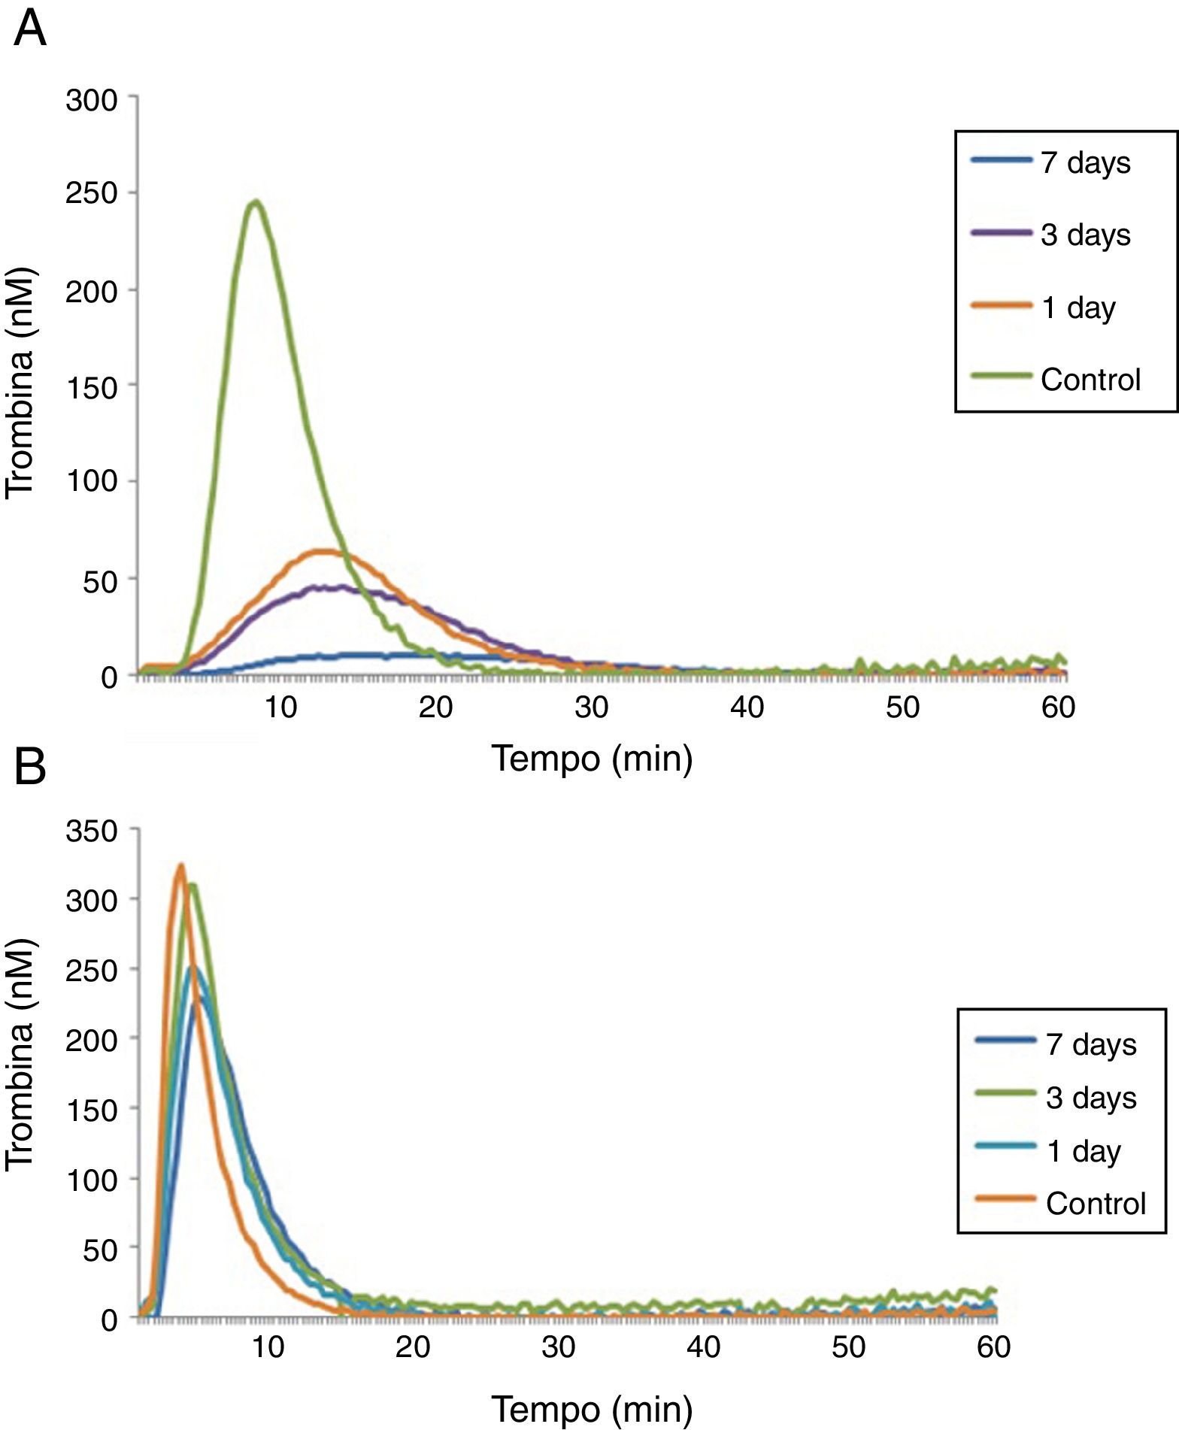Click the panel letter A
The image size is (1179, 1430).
(x=30, y=30)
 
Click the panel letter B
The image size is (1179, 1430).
(x=30, y=767)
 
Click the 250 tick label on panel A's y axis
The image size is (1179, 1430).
(x=92, y=194)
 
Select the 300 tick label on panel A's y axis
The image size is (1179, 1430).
(x=92, y=100)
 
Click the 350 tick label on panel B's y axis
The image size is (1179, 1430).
(x=92, y=832)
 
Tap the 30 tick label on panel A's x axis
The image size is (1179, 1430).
(x=592, y=707)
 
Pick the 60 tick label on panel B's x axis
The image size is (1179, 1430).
(x=993, y=1347)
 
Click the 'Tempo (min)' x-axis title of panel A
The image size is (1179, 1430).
(x=592, y=759)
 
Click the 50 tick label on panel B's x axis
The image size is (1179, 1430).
(x=848, y=1347)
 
